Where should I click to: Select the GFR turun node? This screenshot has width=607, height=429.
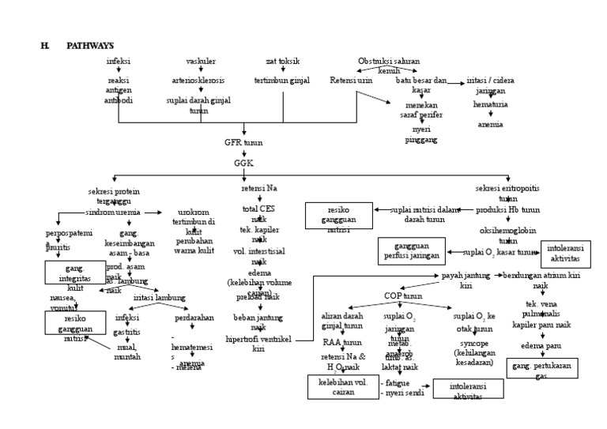243,144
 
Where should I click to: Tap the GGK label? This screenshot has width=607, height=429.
243,163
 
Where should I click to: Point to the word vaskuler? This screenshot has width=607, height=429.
201,61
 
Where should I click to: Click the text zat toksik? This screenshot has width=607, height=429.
282,61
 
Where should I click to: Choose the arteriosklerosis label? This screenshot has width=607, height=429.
198,81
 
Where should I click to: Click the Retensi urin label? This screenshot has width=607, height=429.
352,81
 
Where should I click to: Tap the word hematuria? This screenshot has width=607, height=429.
490,104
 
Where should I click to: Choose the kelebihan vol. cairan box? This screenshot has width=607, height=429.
343,387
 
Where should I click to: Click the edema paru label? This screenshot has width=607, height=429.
541,346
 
